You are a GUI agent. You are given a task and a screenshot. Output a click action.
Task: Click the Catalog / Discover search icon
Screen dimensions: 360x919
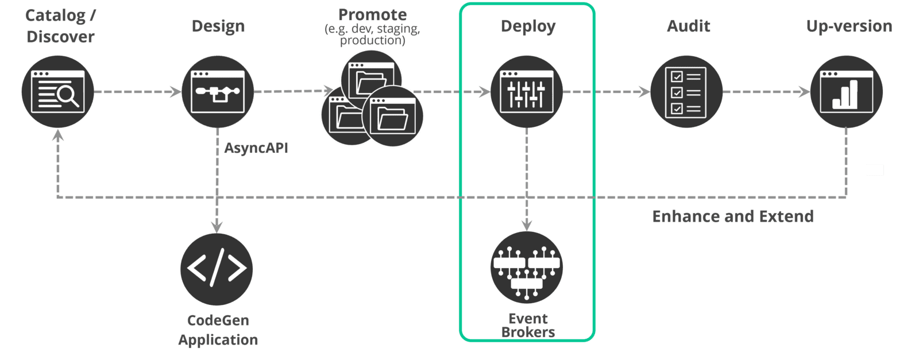pos(57,92)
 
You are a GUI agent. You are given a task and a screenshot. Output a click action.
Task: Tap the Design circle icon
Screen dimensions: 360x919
pos(218,92)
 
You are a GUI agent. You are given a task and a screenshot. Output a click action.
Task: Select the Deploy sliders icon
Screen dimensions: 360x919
pos(527,92)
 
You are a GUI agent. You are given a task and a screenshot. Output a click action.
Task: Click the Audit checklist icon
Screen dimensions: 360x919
pos(686,92)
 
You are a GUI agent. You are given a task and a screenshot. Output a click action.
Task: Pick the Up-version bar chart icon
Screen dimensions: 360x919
pos(847,92)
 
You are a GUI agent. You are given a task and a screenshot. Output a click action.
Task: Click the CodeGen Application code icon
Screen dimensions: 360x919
pos(217,269)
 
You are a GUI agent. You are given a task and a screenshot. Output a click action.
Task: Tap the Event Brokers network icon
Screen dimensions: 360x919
pos(527,268)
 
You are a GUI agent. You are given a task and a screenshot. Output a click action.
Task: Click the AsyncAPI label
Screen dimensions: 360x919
pos(256,148)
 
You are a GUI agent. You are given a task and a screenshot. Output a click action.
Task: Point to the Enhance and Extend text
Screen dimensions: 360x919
pos(733,216)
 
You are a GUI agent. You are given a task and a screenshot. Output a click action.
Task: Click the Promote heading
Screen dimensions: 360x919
pos(372,15)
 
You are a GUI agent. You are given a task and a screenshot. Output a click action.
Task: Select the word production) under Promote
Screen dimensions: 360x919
pos(372,40)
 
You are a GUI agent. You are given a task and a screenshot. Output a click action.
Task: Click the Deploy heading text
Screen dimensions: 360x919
pos(528,26)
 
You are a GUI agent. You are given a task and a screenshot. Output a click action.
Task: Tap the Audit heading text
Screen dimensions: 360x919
pos(689,26)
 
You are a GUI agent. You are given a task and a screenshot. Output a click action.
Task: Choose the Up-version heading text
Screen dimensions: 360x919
pos(849,26)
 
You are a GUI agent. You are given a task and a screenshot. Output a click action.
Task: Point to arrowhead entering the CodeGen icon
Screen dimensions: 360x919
pos(217,226)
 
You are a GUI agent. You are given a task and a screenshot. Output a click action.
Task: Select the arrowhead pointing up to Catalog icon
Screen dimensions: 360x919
pos(57,136)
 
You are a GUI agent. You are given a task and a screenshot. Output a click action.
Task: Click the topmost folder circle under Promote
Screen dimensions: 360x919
pos(372,79)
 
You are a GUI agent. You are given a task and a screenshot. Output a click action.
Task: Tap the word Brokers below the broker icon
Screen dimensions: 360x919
pos(528,332)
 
